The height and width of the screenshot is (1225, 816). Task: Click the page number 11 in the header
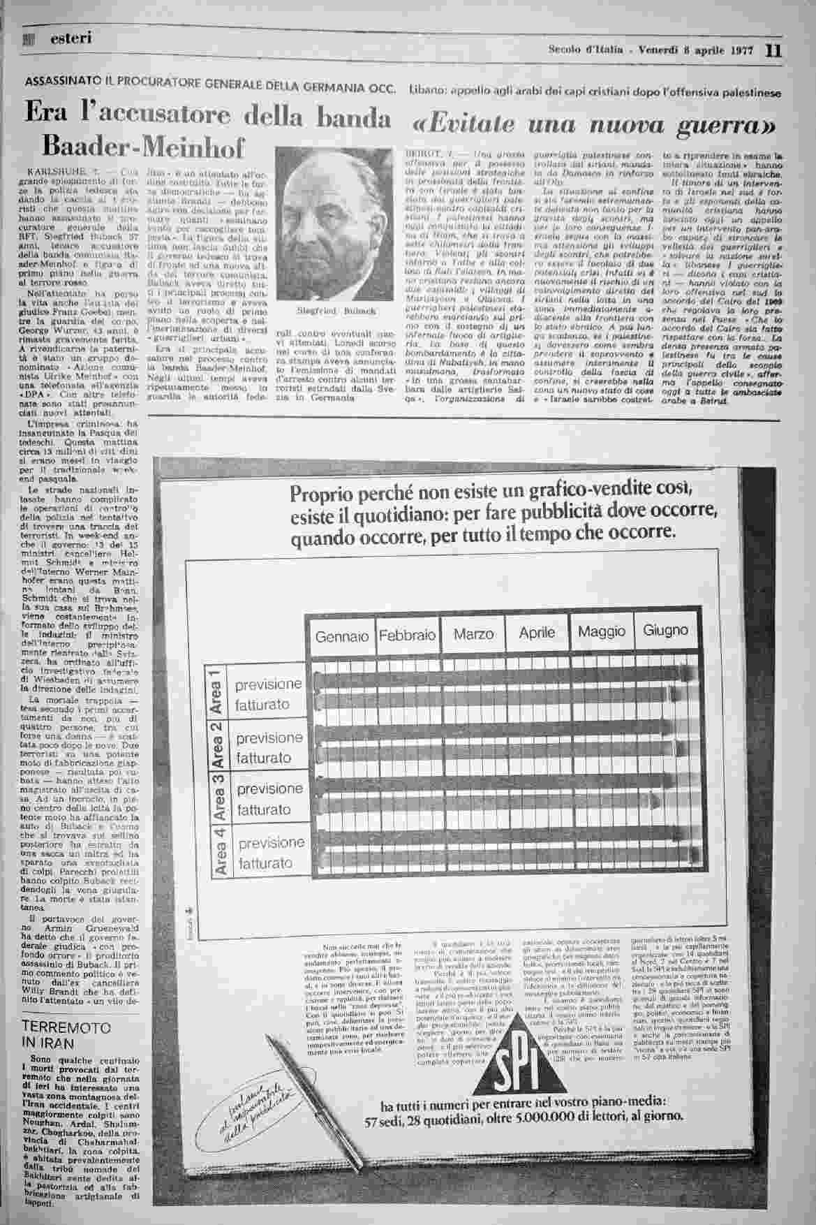(774, 50)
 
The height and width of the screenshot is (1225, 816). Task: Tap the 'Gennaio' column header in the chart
(341, 636)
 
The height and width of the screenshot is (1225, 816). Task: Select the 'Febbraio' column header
(407, 636)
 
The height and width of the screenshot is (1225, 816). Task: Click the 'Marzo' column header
(473, 634)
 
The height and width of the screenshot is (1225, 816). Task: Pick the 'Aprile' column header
(537, 633)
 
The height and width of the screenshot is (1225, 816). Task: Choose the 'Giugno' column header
(665, 631)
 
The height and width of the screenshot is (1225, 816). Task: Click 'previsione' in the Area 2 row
(270, 738)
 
